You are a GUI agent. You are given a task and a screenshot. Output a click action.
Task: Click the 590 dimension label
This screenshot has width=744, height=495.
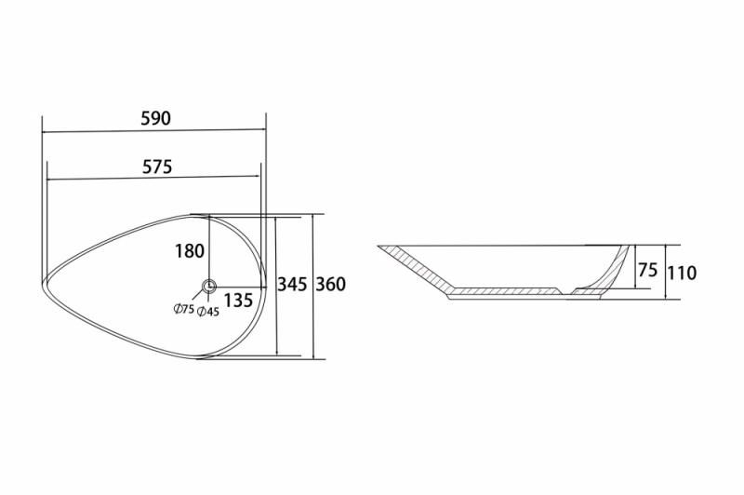[155, 118]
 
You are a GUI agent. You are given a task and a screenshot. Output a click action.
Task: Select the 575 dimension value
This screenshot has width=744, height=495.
[157, 167]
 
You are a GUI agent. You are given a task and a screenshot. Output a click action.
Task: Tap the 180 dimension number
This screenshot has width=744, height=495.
[190, 251]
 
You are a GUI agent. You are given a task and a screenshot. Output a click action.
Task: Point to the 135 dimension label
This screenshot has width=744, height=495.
[238, 301]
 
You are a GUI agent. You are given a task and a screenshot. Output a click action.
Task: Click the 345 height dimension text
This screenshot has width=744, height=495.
[292, 285]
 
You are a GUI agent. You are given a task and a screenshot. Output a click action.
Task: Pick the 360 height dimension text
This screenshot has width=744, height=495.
[331, 285]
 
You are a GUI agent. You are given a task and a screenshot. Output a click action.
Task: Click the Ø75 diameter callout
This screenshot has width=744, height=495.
[183, 310]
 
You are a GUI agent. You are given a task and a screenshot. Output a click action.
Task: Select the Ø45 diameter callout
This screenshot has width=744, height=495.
[207, 312]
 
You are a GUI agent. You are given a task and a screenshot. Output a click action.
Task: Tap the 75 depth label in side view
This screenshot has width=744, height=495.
[647, 270]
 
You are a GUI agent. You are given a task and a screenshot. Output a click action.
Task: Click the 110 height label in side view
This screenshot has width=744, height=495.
[682, 273]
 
